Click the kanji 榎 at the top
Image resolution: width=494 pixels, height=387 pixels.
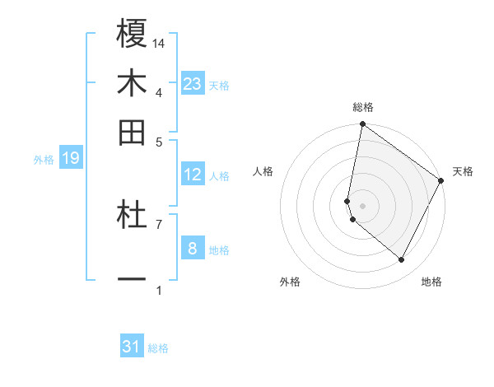coord(132,35)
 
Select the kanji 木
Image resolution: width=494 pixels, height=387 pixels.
coord(132,83)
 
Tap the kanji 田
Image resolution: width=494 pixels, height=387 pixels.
coord(132,132)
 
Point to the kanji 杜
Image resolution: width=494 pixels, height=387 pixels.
coord(132,216)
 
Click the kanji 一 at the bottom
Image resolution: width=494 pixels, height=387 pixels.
coord(132,280)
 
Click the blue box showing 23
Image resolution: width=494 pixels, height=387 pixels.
coord(192,84)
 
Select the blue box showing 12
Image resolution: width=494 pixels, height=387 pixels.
coord(192,175)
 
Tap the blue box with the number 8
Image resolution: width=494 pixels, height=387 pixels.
coord(192,248)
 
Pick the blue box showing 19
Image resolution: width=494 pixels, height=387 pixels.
coord(71,158)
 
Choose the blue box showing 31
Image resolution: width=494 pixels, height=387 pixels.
coord(132,347)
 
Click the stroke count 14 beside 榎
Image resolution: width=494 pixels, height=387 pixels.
coord(159,43)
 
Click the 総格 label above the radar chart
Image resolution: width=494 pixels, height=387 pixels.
coord(363,107)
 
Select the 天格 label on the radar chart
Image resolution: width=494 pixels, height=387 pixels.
coord(463,171)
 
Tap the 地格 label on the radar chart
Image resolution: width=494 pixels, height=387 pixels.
coord(431,282)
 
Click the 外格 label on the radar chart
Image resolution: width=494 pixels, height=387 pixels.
coord(290,282)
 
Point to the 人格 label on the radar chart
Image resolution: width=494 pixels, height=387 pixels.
coord(263,171)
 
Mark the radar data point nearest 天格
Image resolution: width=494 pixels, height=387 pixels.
coord(441,181)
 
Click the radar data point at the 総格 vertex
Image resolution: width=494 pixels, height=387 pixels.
coord(362,125)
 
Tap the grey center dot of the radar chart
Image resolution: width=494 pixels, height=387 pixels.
coord(362,206)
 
